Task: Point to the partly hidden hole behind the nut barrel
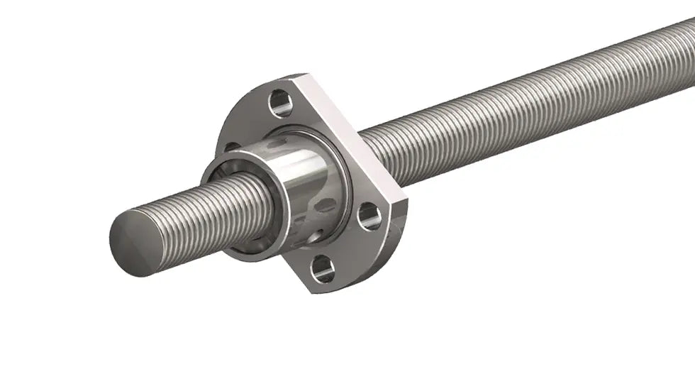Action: (231, 148)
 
